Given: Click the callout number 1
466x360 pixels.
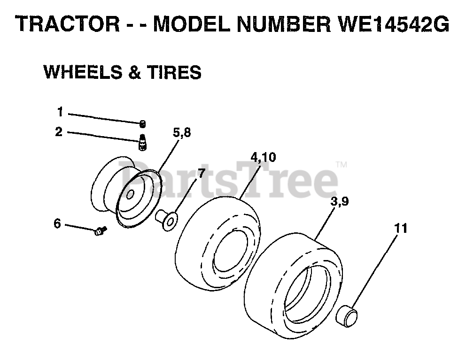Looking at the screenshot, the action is pos(60,112).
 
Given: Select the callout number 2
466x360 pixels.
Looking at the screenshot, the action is pos(58,132).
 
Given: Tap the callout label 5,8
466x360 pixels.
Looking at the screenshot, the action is pos(182,133).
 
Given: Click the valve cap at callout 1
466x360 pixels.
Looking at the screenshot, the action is pos(142,123).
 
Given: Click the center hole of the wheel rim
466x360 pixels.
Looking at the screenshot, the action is pos(130,192).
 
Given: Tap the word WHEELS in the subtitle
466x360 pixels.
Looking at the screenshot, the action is pos(79,72).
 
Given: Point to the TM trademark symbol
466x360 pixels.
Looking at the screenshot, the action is pos(342,165).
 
